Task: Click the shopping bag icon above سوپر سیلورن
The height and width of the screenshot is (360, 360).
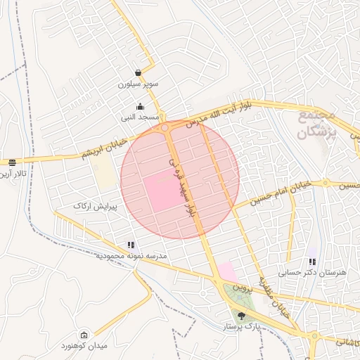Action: click(x=139, y=72)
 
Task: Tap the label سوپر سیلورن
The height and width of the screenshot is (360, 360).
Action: click(x=139, y=84)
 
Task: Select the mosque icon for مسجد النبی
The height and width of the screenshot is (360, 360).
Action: click(x=139, y=106)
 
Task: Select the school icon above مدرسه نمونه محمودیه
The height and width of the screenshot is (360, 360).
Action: click(x=131, y=245)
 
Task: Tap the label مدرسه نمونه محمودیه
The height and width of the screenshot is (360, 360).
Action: click(x=134, y=256)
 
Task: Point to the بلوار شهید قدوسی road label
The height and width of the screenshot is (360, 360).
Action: click(x=181, y=186)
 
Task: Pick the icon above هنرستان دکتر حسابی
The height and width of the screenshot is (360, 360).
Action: click(x=312, y=262)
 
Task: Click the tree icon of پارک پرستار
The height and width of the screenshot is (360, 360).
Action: click(x=242, y=316)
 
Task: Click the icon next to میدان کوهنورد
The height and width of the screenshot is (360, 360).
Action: click(x=84, y=335)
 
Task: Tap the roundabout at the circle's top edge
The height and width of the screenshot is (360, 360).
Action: click(x=165, y=128)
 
